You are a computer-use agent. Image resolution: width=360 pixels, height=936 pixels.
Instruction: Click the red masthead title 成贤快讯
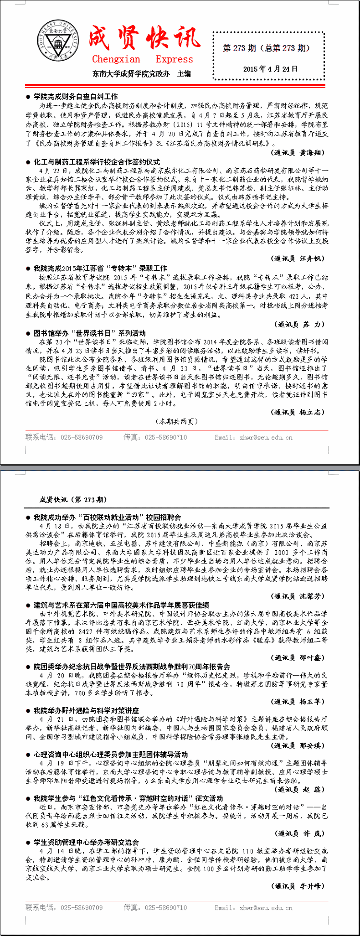click(x=144, y=38)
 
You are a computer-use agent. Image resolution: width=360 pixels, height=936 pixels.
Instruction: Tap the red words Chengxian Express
click(x=142, y=59)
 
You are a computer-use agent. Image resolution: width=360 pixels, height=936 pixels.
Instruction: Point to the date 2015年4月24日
click(x=270, y=69)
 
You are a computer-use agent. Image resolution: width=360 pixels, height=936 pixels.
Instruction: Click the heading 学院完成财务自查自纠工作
click(x=76, y=97)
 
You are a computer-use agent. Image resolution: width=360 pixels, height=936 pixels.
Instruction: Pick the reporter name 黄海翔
click(x=312, y=152)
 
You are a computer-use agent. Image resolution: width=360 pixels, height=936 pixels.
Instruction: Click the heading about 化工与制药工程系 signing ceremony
click(x=97, y=162)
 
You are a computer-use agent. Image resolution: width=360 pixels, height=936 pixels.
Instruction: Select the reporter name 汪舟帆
click(x=312, y=258)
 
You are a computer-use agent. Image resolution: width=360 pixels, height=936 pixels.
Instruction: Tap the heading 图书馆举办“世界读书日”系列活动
click(x=89, y=333)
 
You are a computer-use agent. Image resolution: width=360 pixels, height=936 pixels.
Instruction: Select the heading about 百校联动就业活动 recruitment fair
click(x=107, y=517)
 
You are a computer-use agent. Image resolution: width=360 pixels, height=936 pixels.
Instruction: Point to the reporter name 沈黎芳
click(x=312, y=596)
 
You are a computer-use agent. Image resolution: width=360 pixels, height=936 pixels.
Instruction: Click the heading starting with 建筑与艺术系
click(x=121, y=605)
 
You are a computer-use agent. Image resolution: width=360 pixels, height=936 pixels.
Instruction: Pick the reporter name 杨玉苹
click(x=312, y=702)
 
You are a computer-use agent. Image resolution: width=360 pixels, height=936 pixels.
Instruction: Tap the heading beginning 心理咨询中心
click(x=111, y=755)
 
